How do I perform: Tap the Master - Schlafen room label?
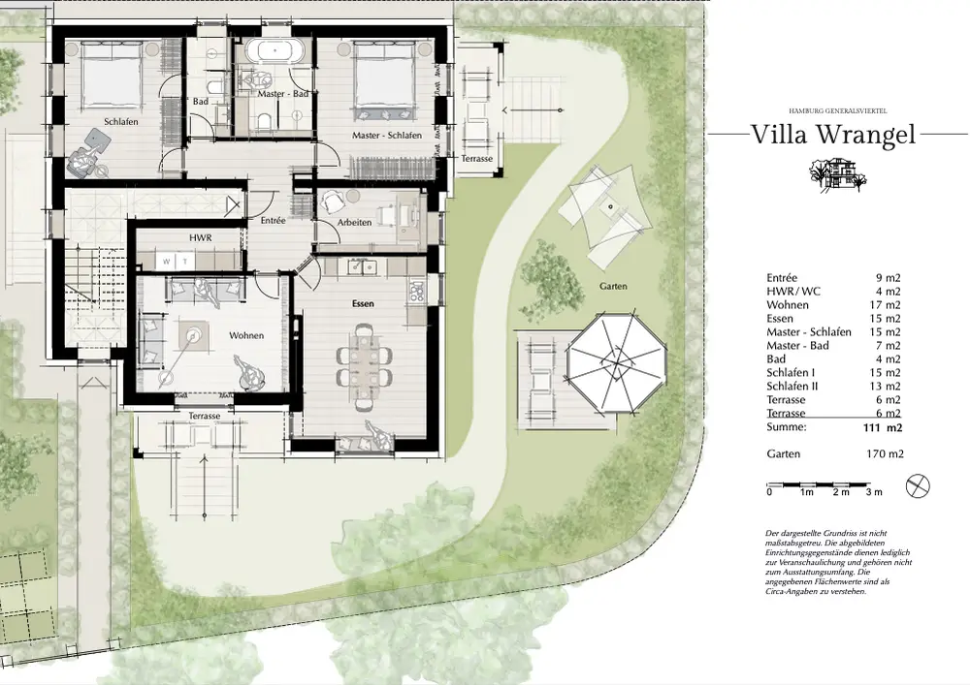click(387, 136)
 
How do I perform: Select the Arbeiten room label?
click(354, 223)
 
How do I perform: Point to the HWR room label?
click(201, 237)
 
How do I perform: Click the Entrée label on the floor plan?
click(273, 220)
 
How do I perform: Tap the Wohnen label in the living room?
click(246, 335)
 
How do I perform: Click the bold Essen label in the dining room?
click(363, 304)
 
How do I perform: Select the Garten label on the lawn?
click(613, 286)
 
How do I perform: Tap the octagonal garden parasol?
click(617, 362)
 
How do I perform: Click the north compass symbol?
click(918, 486)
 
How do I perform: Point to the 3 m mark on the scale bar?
click(874, 492)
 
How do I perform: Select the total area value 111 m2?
click(883, 427)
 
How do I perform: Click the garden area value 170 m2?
click(885, 454)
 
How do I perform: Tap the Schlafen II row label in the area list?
click(792, 386)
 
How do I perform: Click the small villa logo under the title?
click(838, 173)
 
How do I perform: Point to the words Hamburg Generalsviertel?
click(838, 110)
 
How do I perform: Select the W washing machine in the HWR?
click(166, 262)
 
